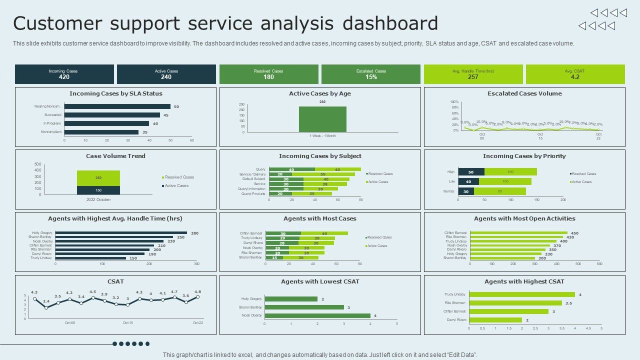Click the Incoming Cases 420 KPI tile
64,74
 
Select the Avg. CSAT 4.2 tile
575,74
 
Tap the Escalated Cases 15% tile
370,74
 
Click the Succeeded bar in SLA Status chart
112,115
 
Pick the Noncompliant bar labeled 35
101,132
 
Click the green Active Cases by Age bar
322,119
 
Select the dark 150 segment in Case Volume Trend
98,190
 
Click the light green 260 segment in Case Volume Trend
98,178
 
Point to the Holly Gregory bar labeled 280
121,232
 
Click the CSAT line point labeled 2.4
46,307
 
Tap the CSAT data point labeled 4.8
198,296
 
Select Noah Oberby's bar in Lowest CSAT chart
317,315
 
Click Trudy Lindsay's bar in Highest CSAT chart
522,294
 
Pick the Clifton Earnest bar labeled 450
518,232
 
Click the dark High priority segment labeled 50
471,171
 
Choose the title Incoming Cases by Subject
320,156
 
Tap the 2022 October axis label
98,199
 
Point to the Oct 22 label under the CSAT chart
198,323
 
